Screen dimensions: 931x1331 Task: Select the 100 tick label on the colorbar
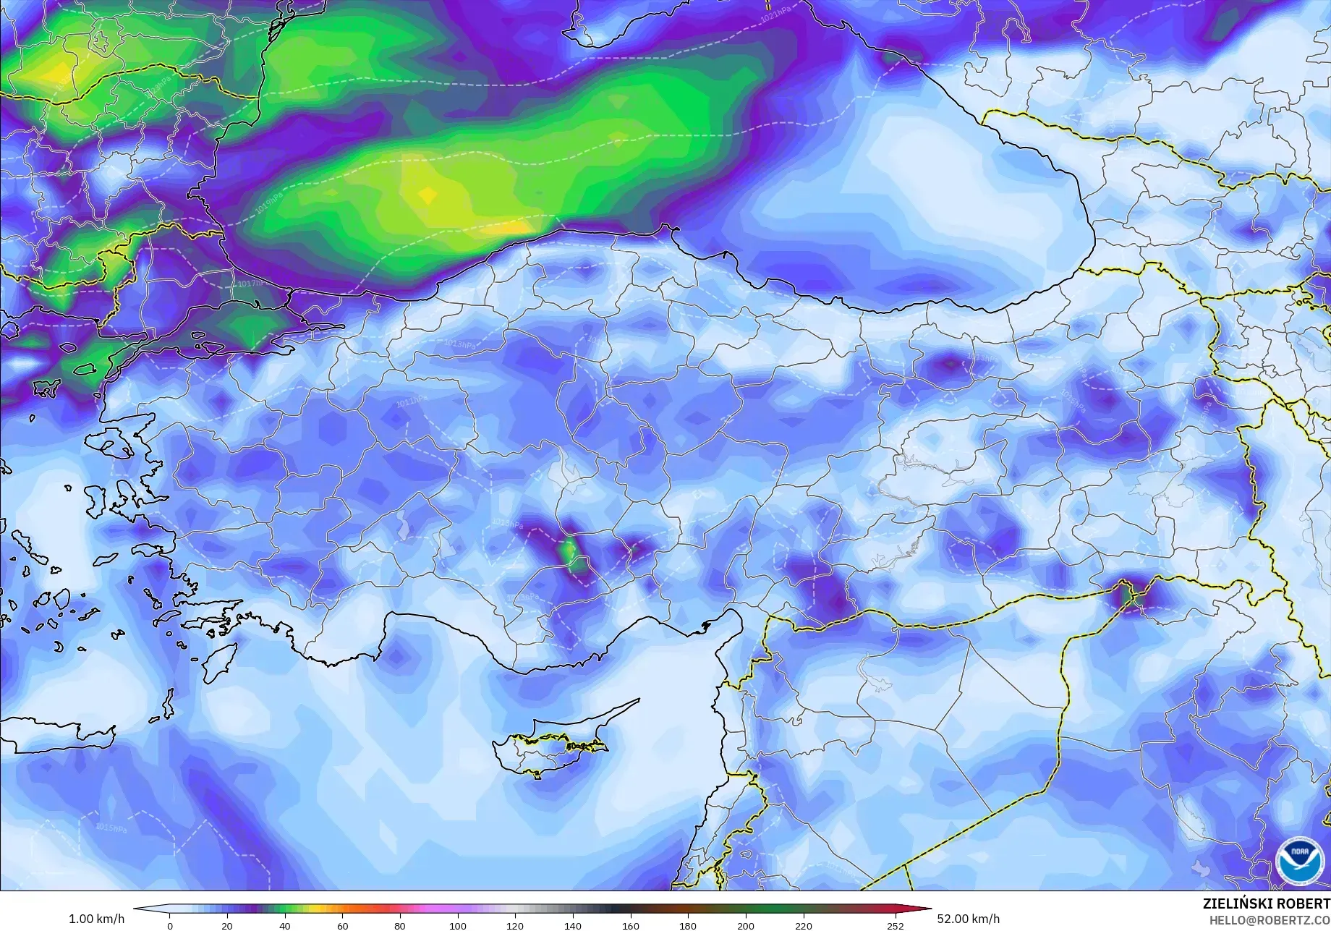[457, 925]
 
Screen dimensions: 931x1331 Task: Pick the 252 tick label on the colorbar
[895, 925]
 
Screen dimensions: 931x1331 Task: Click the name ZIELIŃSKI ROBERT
[1266, 904]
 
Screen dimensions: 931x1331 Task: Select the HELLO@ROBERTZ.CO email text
[1269, 919]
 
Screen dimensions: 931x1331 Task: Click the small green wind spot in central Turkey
[570, 552]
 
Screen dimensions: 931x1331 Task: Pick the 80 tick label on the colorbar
[400, 925]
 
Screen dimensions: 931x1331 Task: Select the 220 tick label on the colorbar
[803, 925]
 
